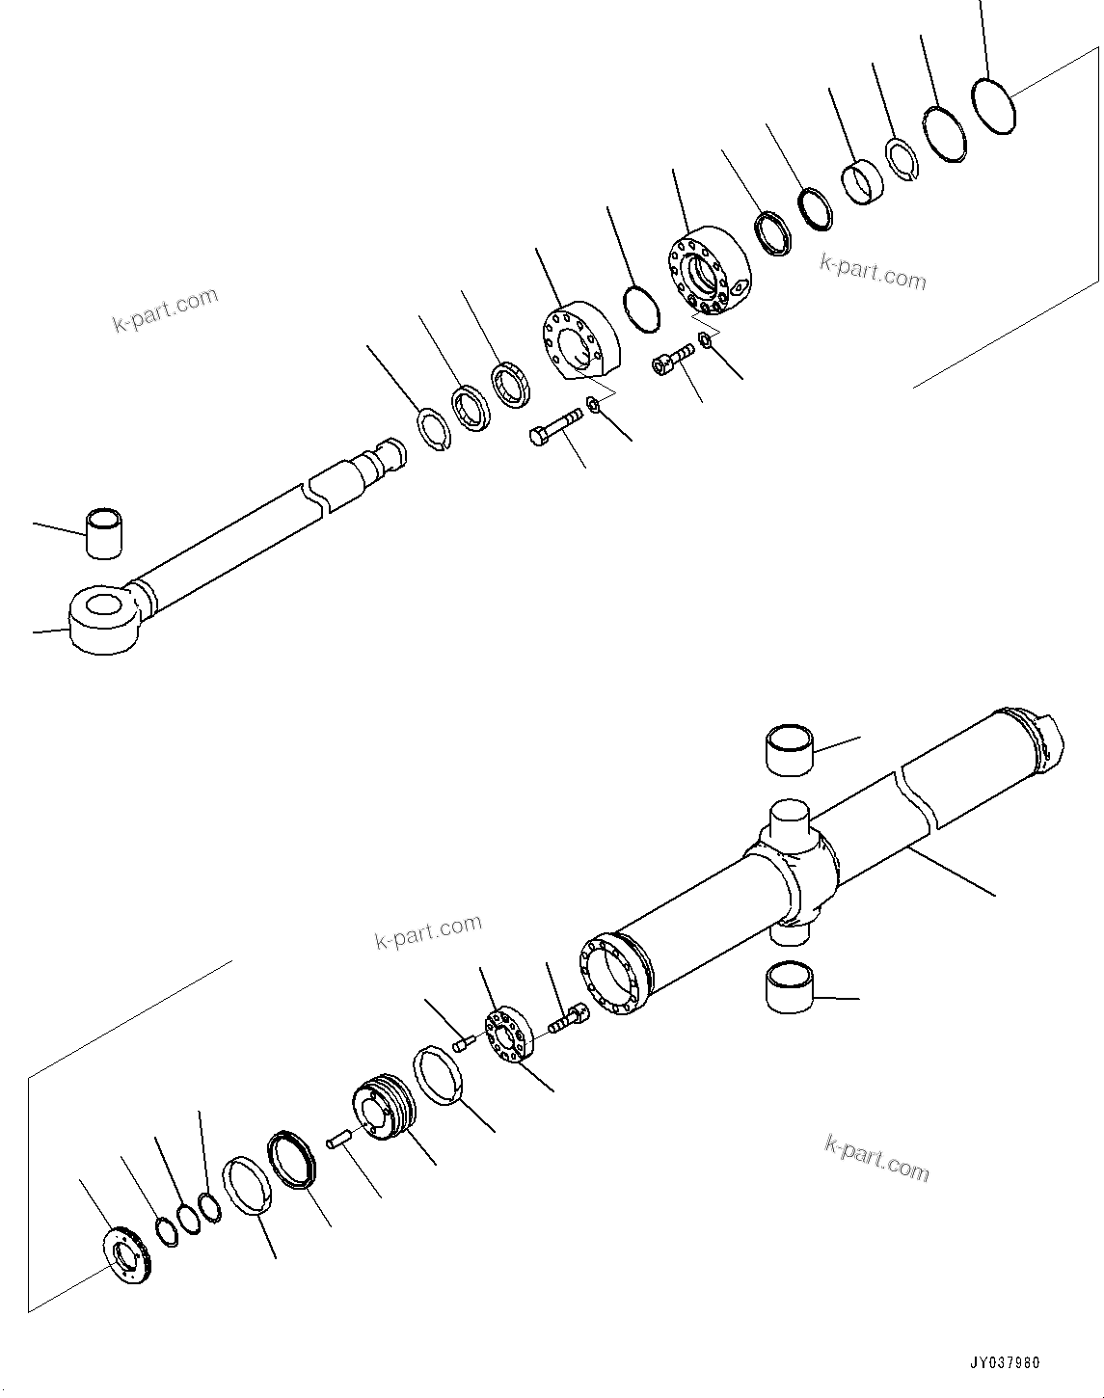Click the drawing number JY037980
click(1005, 1364)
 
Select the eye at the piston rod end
click(105, 621)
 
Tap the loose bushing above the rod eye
click(105, 532)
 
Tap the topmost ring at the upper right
click(994, 105)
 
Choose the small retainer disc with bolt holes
click(508, 1037)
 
